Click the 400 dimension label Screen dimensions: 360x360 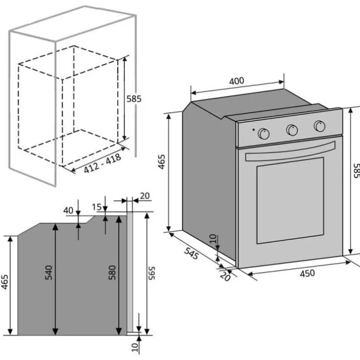(237, 81)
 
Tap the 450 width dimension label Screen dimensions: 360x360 (307, 274)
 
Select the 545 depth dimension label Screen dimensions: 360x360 (190, 254)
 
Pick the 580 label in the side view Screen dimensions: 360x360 (112, 273)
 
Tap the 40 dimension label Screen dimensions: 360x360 (68, 210)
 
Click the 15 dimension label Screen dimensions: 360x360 (97, 207)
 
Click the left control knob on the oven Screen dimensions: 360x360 (264, 134)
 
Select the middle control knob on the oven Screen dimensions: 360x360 (292, 130)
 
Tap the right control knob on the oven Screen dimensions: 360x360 (319, 126)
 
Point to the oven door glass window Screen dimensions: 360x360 (290, 200)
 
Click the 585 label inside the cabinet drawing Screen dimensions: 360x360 (134, 99)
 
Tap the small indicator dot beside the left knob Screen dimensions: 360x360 (253, 129)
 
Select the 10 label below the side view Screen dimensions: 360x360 (135, 347)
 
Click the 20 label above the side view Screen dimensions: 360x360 (145, 195)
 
